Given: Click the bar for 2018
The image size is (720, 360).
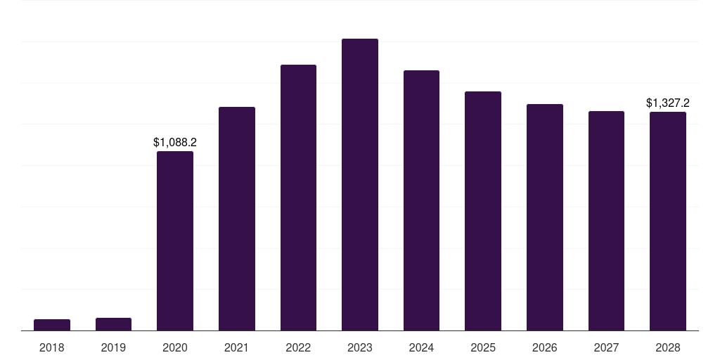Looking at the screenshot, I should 52,325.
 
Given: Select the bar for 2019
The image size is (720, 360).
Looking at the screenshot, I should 113,324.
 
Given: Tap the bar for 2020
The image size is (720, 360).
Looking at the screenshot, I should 175,241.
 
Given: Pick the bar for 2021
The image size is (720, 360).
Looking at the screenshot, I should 237,219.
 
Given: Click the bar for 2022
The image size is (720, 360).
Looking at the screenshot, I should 298,198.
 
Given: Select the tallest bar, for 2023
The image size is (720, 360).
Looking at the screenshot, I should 360,185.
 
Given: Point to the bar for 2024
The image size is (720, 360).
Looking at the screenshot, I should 421,200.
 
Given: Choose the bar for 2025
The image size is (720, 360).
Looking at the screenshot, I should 483,211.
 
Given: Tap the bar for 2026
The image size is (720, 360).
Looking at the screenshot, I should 545,217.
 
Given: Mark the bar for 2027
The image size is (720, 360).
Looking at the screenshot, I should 606,221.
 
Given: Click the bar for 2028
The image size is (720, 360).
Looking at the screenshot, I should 668,221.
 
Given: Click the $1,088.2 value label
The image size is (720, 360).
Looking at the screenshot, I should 175,142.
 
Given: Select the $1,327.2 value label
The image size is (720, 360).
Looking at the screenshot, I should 668,103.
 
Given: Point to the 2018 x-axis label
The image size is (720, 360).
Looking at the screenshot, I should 52,347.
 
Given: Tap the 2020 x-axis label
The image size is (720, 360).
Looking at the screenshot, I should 175,347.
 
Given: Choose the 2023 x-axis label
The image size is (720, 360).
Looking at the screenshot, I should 360,347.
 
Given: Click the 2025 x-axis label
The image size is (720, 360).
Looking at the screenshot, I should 483,347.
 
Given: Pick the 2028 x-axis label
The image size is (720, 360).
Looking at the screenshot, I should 668,347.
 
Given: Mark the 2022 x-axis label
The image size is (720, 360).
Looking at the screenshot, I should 298,347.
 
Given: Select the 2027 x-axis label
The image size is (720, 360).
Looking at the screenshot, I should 606,347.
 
